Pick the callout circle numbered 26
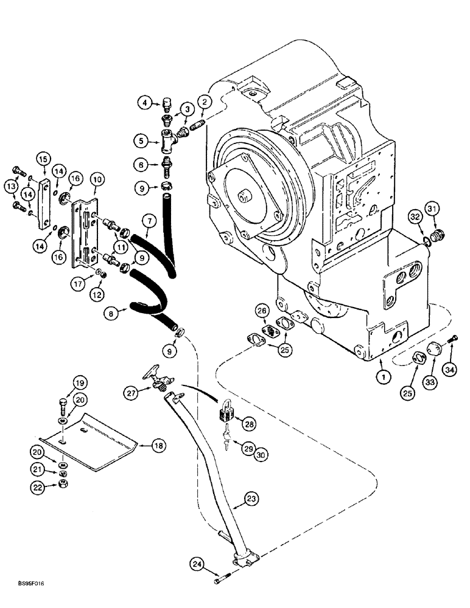pyautogui.click(x=262, y=311)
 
